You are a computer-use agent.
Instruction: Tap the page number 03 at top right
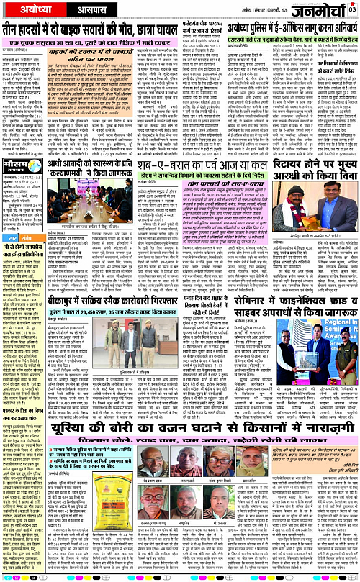tap(353, 9)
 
